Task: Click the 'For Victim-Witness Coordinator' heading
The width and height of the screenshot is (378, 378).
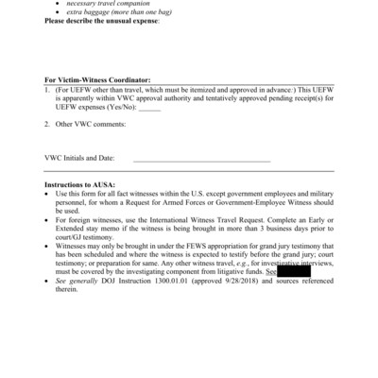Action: coord(96,80)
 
